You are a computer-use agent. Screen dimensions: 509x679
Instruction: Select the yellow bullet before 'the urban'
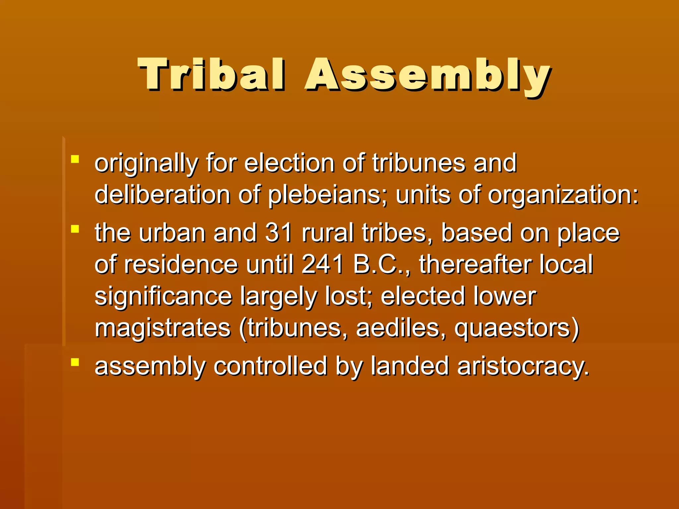(75, 229)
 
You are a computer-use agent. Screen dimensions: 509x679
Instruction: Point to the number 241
(323, 264)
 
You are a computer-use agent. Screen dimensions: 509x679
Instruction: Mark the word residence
(181, 264)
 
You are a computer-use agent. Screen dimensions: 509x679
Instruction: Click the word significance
(163, 297)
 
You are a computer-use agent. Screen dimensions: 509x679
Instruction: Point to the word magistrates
(163, 329)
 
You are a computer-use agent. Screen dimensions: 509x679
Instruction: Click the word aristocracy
(523, 367)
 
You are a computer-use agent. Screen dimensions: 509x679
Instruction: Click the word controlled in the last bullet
(271, 366)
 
